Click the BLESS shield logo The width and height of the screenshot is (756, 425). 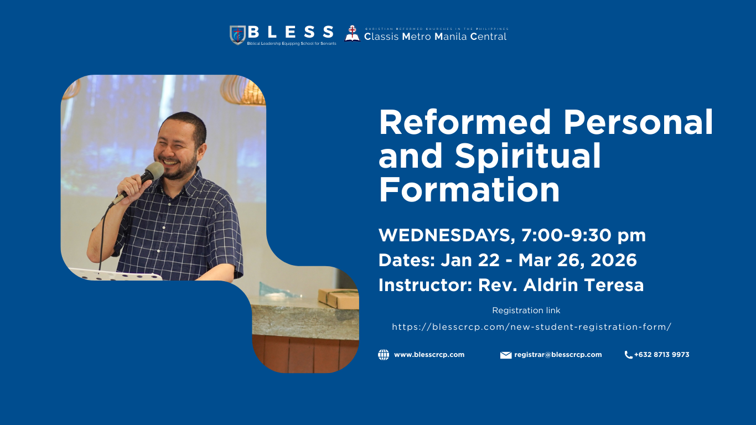(237, 35)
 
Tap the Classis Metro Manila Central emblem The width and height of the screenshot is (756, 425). (352, 33)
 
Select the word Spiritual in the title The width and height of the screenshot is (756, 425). (527, 156)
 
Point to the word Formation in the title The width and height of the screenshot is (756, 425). (469, 189)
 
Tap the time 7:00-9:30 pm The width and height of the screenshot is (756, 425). (583, 235)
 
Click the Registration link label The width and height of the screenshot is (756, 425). (526, 310)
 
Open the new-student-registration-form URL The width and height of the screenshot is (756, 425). (531, 327)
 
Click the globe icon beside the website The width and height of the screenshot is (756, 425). (384, 355)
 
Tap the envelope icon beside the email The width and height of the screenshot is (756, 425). (505, 355)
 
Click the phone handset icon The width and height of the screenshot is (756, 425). (628, 355)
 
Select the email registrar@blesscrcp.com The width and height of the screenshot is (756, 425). (558, 355)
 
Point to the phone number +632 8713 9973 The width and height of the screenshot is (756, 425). (661, 355)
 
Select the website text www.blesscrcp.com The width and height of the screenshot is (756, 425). (429, 355)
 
